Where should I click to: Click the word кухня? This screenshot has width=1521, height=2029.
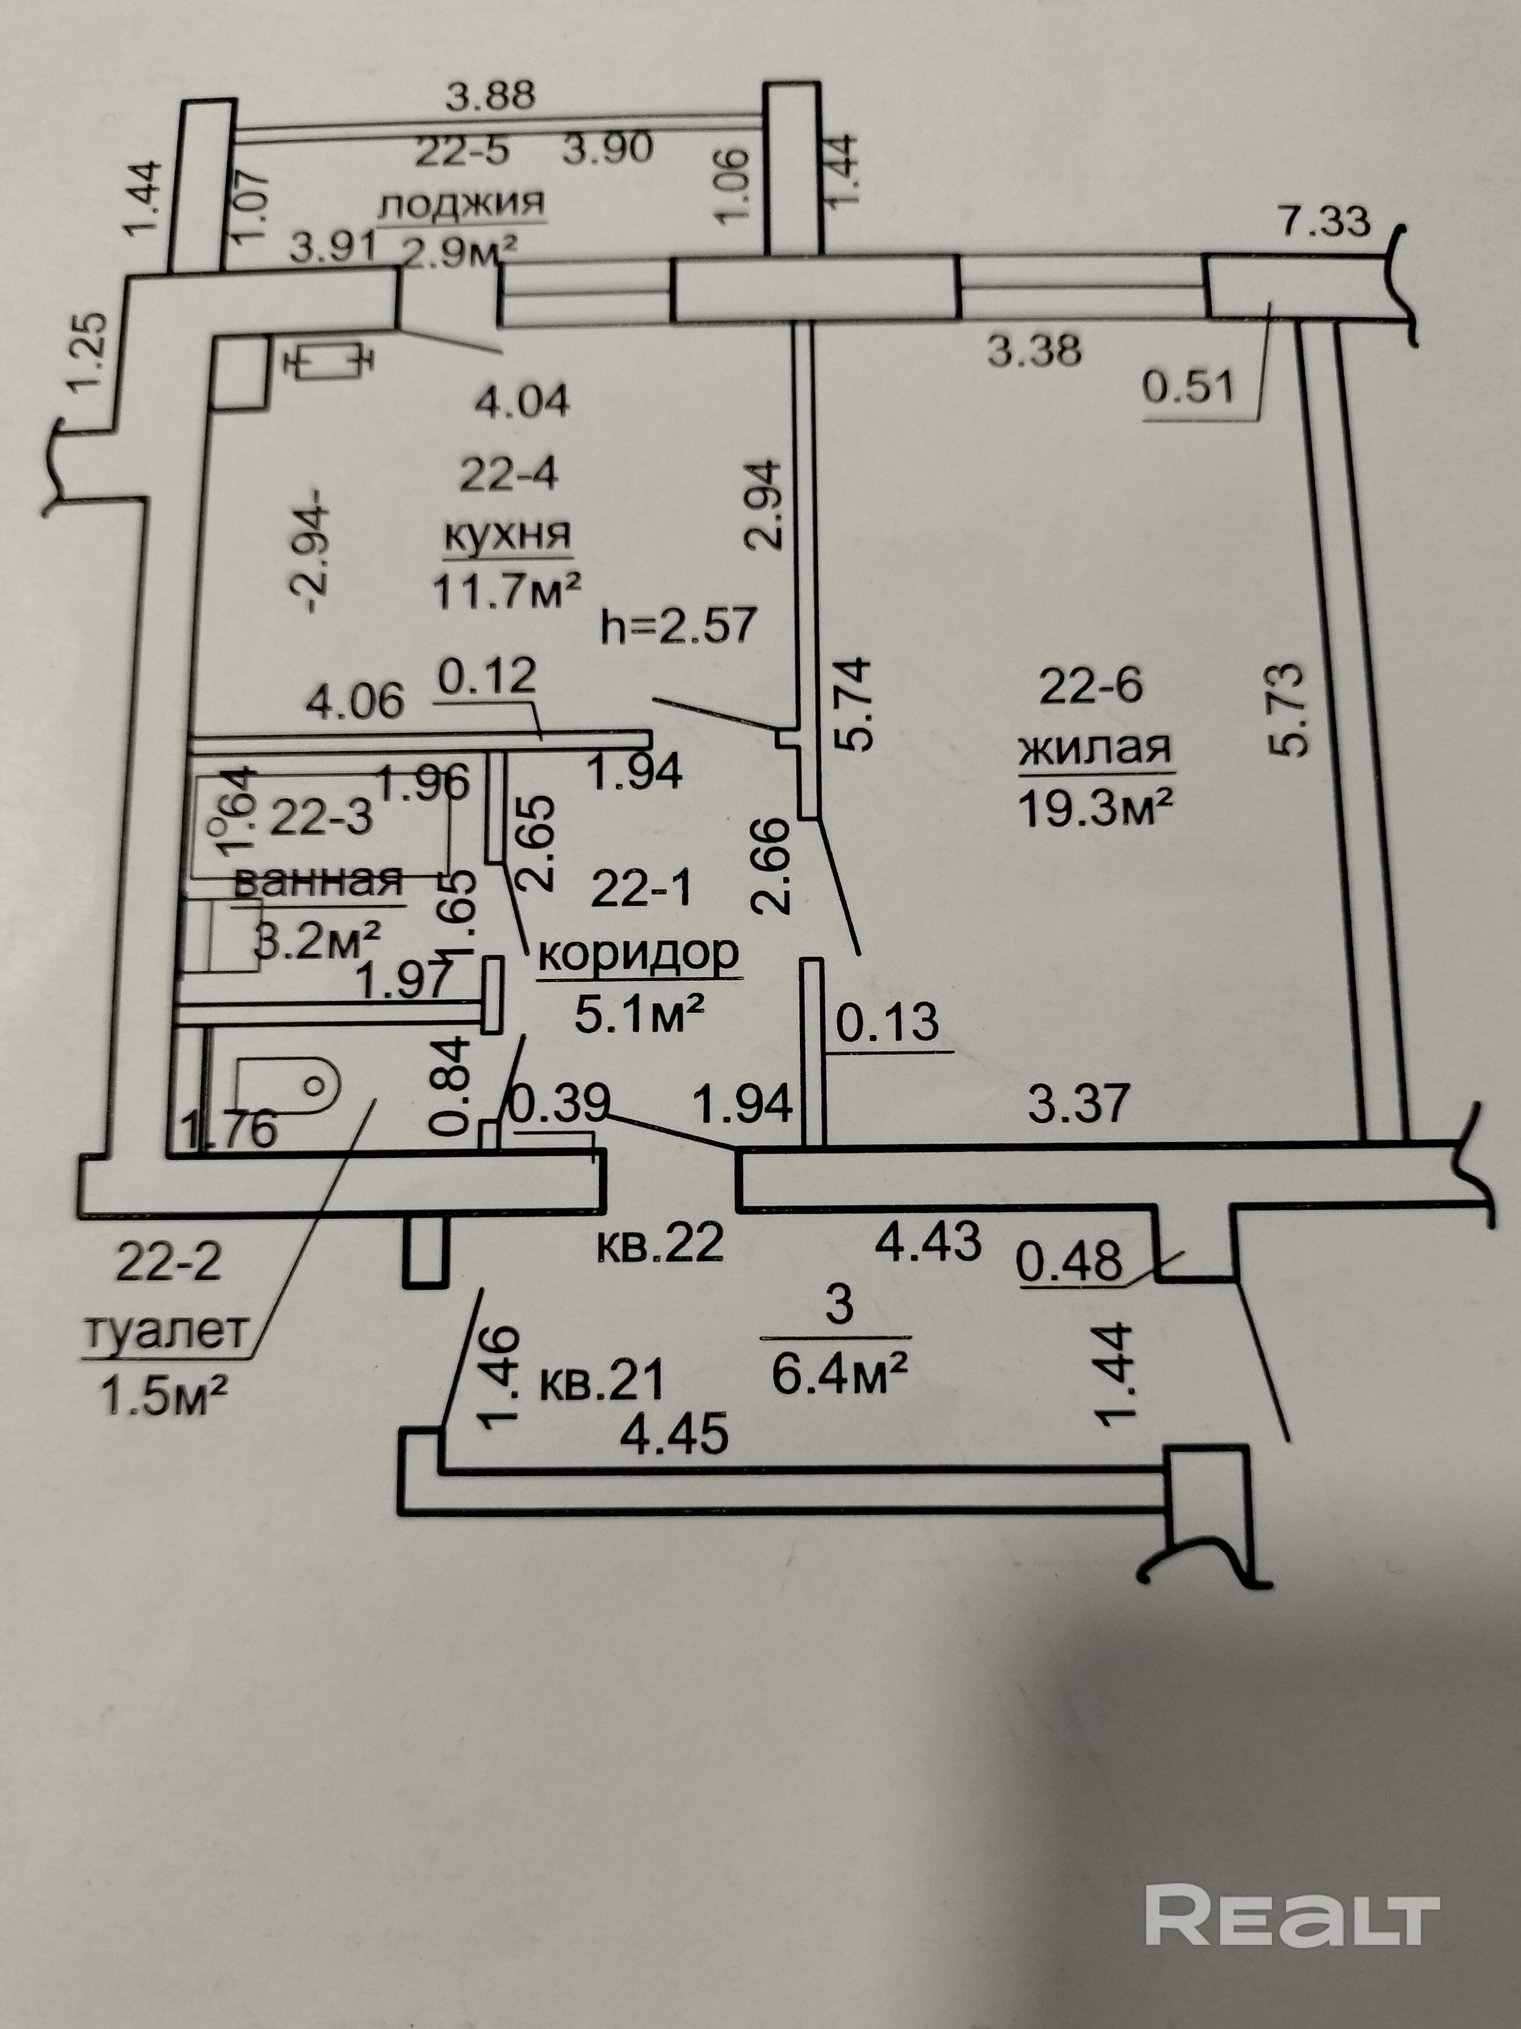coord(507,535)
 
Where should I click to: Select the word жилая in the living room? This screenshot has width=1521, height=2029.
coord(1096,749)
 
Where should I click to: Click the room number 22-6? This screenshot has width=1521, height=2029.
coord(1091,685)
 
